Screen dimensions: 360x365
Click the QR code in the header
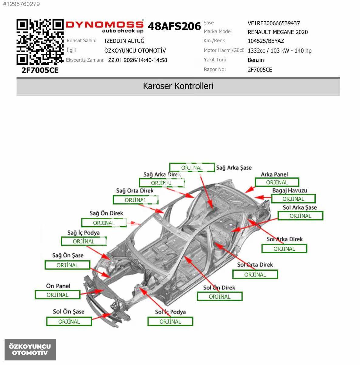[x=40, y=42]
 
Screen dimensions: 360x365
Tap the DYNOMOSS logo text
[x=105, y=25]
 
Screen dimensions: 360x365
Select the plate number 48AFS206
[x=174, y=26]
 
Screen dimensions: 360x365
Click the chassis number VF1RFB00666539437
[x=274, y=23]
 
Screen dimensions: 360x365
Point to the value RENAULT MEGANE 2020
[x=278, y=32]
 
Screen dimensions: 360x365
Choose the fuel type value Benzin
[x=256, y=60]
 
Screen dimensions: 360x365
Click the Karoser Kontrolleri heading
[x=178, y=86]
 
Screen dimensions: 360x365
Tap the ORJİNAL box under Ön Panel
[x=57, y=295]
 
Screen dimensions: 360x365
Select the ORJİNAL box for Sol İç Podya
[x=170, y=322]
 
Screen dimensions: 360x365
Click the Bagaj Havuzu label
[x=290, y=191]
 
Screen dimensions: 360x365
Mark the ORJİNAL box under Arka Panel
[x=277, y=182]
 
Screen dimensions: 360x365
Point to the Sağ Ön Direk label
[x=106, y=213]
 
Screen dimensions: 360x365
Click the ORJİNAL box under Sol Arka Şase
[x=300, y=216]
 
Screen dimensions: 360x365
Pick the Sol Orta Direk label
[x=255, y=265]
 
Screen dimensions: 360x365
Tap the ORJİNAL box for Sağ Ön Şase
[x=67, y=265]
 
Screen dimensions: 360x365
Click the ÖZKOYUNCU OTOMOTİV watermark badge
[x=30, y=349]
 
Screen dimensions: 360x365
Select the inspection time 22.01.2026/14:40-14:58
[x=138, y=60]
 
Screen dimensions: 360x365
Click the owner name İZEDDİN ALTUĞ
[x=124, y=41]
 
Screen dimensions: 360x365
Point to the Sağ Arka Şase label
[x=234, y=168]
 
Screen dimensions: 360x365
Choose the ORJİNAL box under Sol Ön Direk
[x=220, y=297]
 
